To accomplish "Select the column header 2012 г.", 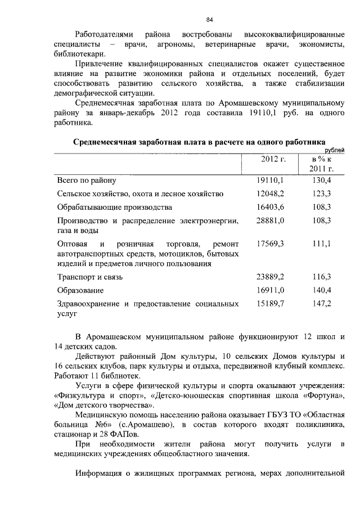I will pyautogui.click(x=273, y=159).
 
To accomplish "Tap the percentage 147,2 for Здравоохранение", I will pyautogui.click(x=321, y=304).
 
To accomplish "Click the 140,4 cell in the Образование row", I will pyautogui.click(x=321, y=290).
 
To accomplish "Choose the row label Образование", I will pyautogui.click(x=80, y=290).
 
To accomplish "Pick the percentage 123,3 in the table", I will pyautogui.click(x=321, y=193).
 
